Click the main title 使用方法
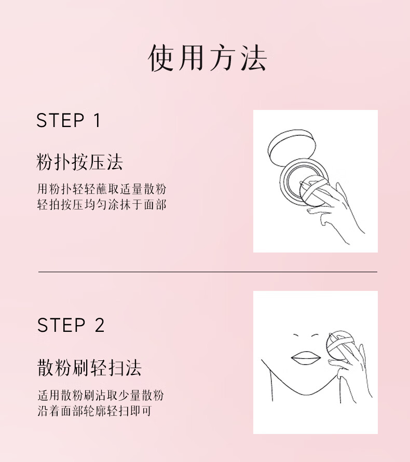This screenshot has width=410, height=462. tap(207, 58)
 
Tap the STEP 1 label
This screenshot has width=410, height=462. tap(68, 121)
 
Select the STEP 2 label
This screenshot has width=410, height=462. tap(71, 325)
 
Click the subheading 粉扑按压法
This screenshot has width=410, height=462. tap(79, 162)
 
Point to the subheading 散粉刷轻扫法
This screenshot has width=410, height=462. tap(89, 368)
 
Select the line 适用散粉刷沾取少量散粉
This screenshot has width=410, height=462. tap(100, 395)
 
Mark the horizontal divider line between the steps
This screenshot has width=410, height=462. tap(207, 272)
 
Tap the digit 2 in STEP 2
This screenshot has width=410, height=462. tap(99, 325)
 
